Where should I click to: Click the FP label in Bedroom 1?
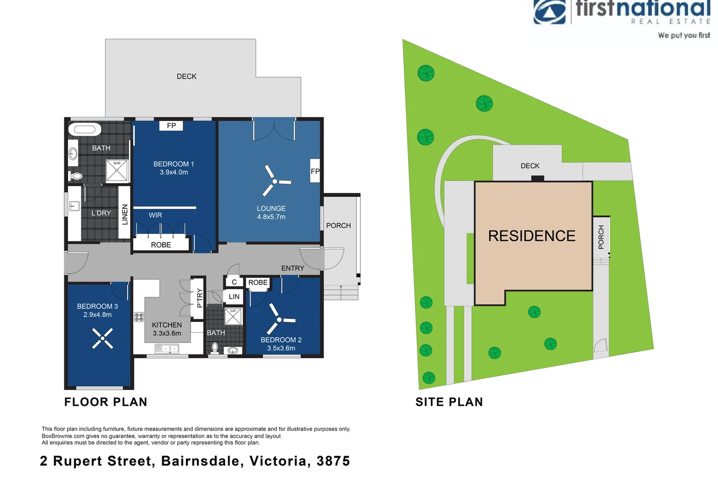point(171,126)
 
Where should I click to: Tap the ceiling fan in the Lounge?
point(275,181)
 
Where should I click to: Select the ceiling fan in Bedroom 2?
point(279,320)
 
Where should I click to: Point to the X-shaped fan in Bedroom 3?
point(102,338)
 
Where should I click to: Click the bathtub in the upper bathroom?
point(85,130)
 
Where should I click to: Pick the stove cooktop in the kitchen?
point(139,317)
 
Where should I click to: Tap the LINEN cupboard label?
point(125,214)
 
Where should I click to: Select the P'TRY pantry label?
point(199,298)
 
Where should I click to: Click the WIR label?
point(155,215)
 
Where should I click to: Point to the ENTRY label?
point(293,268)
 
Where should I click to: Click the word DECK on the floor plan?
point(187,77)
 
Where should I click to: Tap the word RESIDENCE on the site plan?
point(531,236)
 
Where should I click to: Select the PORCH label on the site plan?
point(601,237)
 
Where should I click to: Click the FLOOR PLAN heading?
point(105,402)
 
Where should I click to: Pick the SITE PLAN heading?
point(449,402)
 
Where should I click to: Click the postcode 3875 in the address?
point(333,461)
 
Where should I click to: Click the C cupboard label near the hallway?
point(234,282)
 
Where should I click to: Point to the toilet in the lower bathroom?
point(215,347)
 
